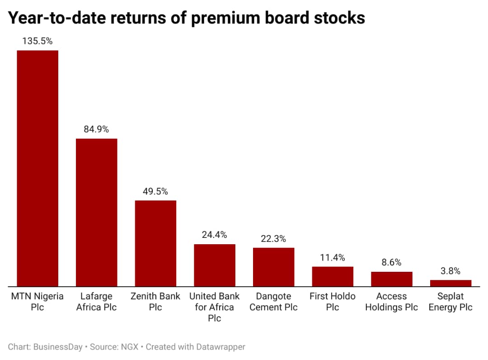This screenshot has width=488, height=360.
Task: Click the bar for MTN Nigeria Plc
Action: (38, 168)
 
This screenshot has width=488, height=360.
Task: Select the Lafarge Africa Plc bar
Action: (96, 212)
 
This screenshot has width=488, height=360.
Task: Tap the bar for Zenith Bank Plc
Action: (155, 243)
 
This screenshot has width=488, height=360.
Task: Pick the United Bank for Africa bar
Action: (215, 265)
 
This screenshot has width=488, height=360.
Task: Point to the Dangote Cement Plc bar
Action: (273, 267)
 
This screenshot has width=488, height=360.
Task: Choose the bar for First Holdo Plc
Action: (333, 276)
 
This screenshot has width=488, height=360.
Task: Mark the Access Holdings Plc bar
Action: (392, 279)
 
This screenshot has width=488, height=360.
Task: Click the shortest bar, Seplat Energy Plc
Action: (450, 283)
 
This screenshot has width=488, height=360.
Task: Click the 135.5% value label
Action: (38, 41)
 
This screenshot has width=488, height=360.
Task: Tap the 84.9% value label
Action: (96, 129)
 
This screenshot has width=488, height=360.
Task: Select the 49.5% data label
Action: (155, 191)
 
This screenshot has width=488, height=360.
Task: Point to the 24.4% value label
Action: (215, 235)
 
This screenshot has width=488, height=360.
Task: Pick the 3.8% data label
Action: (450, 271)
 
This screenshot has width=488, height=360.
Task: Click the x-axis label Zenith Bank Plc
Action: (155, 302)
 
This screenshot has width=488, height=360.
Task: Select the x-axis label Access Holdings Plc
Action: (392, 302)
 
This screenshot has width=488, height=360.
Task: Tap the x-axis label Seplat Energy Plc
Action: (450, 302)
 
